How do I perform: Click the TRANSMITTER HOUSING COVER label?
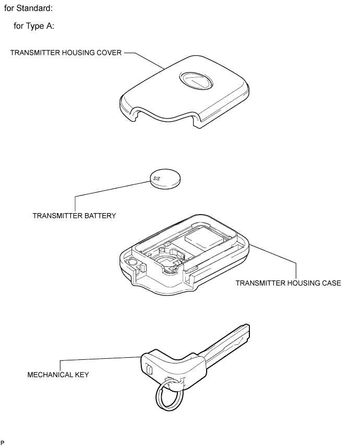click(x=66, y=53)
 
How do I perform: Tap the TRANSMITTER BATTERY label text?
click(x=75, y=216)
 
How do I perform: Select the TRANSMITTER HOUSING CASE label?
click(x=288, y=283)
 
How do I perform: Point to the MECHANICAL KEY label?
click(x=58, y=374)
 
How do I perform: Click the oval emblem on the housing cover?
click(x=196, y=80)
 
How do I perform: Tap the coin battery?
click(x=165, y=179)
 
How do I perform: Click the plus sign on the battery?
click(x=157, y=179)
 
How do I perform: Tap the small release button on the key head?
click(x=149, y=370)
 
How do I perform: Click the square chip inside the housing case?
click(x=203, y=241)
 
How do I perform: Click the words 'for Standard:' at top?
click(x=28, y=8)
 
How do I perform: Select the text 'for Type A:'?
click(x=34, y=26)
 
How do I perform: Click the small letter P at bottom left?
click(x=2, y=442)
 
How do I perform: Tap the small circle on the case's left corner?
click(x=132, y=262)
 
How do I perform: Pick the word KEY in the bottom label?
click(x=82, y=374)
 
